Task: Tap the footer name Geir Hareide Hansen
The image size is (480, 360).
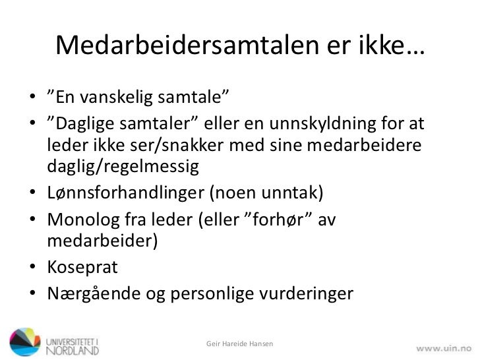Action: tap(238, 345)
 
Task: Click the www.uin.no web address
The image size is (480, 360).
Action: tap(444, 345)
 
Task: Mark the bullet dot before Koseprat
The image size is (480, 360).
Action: tap(32, 268)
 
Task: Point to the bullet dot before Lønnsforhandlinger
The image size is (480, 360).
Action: tap(32, 193)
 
